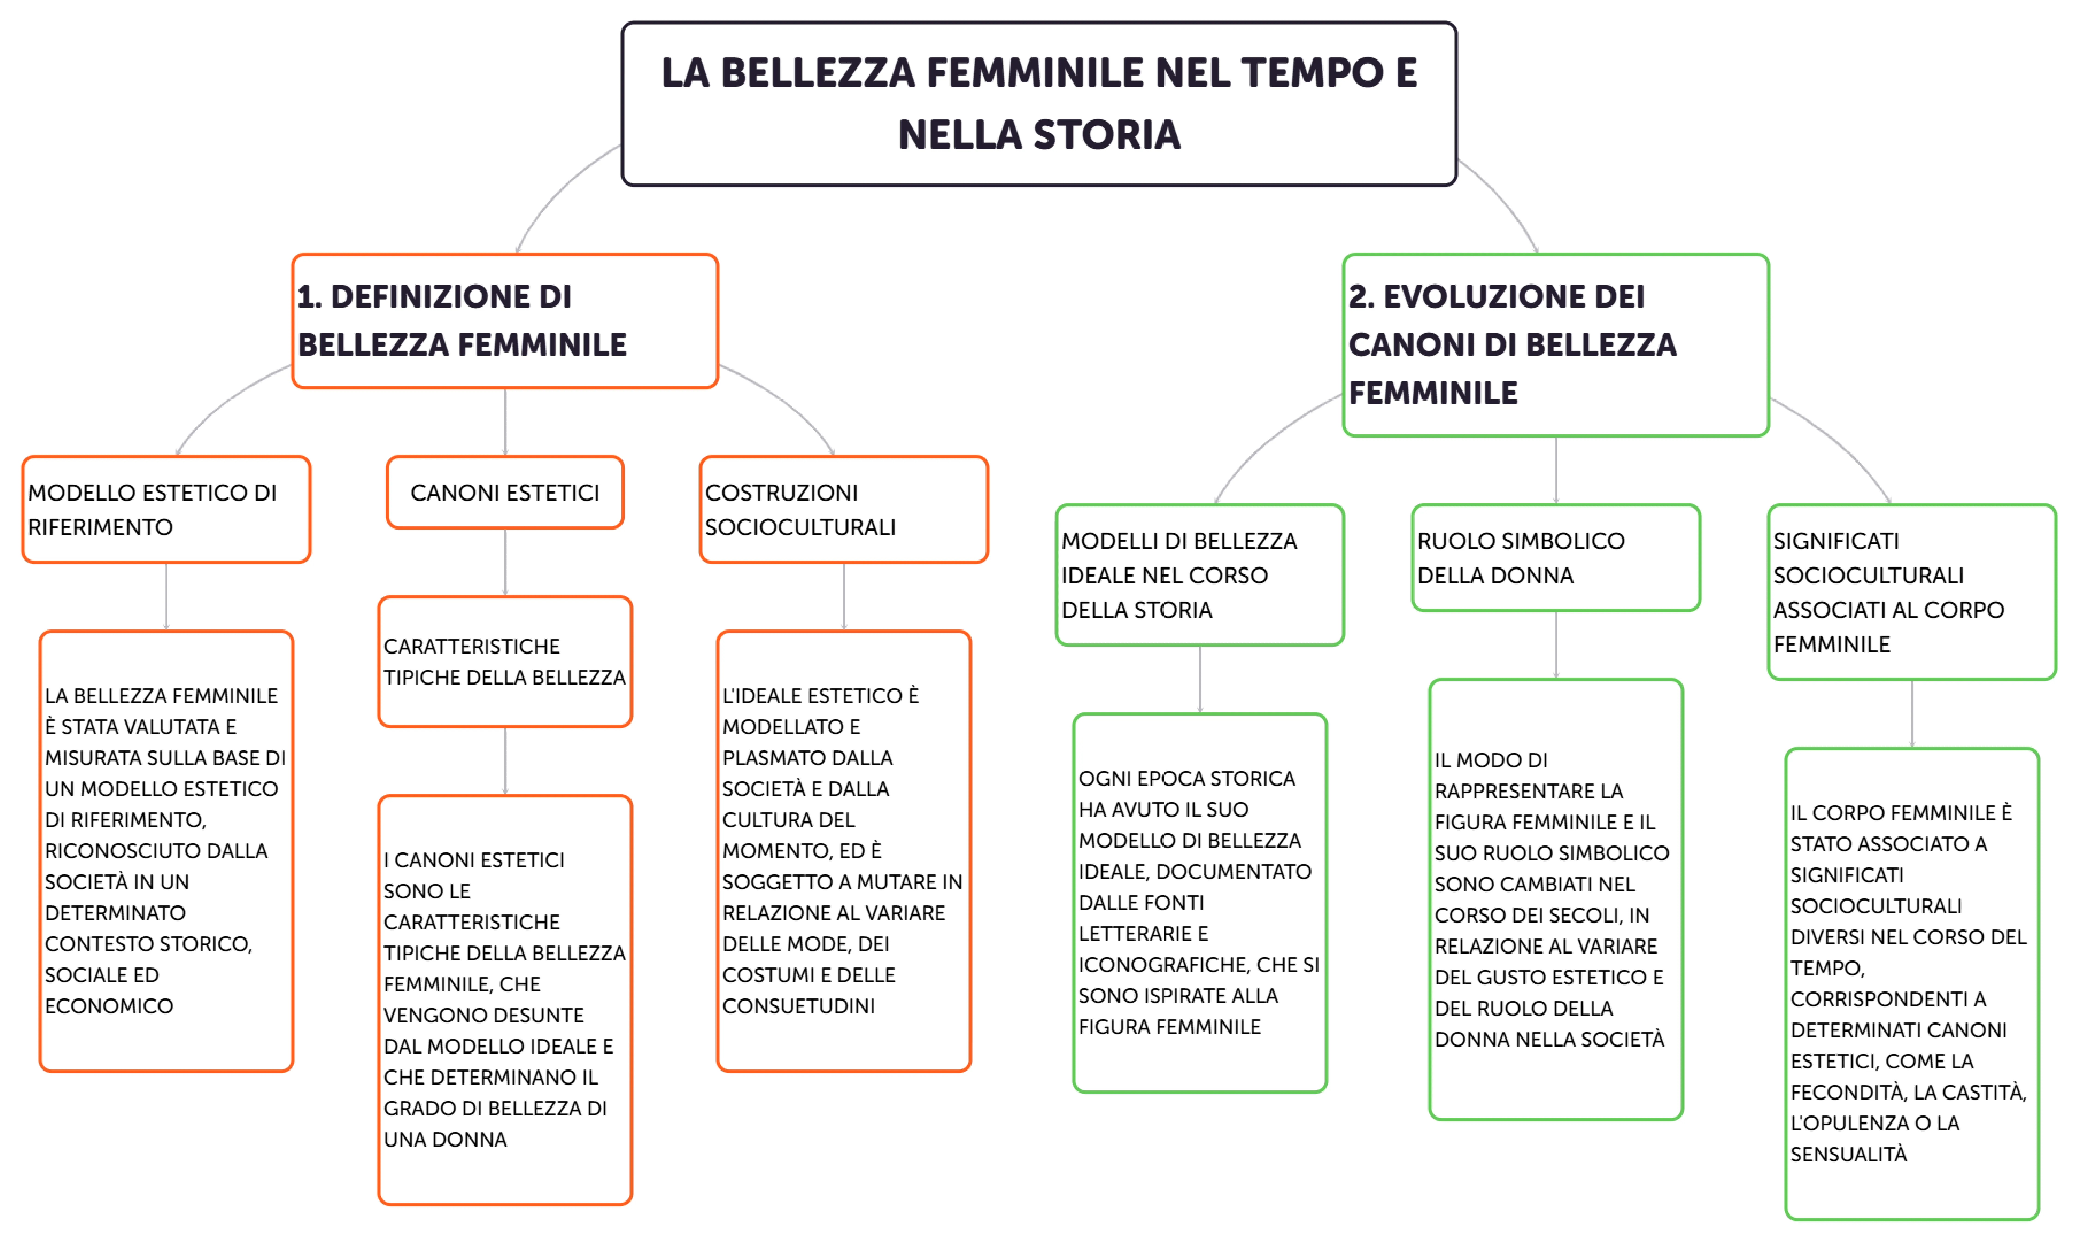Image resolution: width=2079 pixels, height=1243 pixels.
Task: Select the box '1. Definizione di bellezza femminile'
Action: pos(505,321)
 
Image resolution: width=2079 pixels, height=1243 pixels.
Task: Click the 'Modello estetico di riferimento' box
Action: pos(166,509)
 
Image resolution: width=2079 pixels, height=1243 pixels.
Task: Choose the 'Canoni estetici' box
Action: pos(505,493)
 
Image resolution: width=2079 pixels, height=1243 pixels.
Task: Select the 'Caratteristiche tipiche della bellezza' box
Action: pos(505,662)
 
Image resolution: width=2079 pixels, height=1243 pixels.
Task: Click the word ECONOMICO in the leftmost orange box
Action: pos(109,1006)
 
